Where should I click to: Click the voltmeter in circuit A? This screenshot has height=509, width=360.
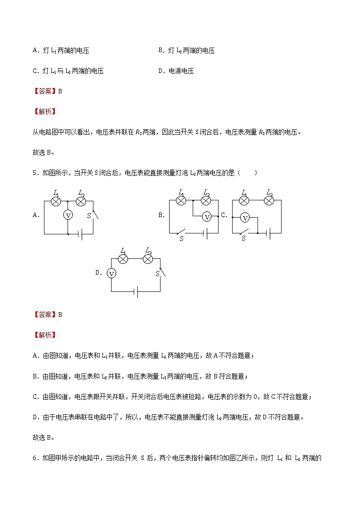[x=68, y=215]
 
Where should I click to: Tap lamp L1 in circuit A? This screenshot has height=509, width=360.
[x=56, y=201]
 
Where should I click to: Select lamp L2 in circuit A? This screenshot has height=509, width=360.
[x=81, y=201]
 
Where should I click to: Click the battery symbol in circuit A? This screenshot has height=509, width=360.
[x=80, y=234]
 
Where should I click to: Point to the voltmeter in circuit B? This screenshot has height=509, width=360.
[x=207, y=217]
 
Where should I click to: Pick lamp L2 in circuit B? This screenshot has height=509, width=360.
[x=206, y=200]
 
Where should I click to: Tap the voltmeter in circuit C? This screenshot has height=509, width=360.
[x=245, y=218]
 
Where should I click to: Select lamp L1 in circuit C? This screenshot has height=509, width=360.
[x=244, y=200]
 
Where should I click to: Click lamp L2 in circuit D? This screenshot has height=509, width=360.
[x=147, y=259]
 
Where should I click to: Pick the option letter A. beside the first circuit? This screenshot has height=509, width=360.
[x=36, y=215]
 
